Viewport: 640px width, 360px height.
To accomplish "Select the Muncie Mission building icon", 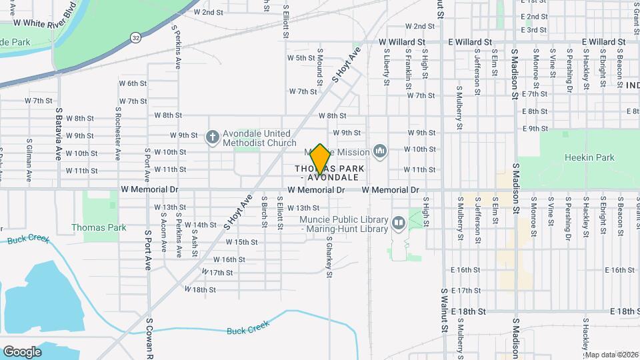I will (380, 152).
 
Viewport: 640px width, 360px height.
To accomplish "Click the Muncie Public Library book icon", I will (398, 223).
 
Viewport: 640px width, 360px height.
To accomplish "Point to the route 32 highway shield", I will (135, 37).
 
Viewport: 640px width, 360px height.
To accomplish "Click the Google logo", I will (22, 352).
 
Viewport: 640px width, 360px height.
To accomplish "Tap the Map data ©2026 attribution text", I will (611, 355).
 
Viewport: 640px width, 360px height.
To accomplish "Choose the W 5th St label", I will (301, 58).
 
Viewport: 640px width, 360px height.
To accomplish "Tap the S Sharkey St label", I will (329, 256).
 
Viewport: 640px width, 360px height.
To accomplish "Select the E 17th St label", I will (465, 291).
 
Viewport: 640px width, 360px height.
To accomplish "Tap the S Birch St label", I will (264, 211).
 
